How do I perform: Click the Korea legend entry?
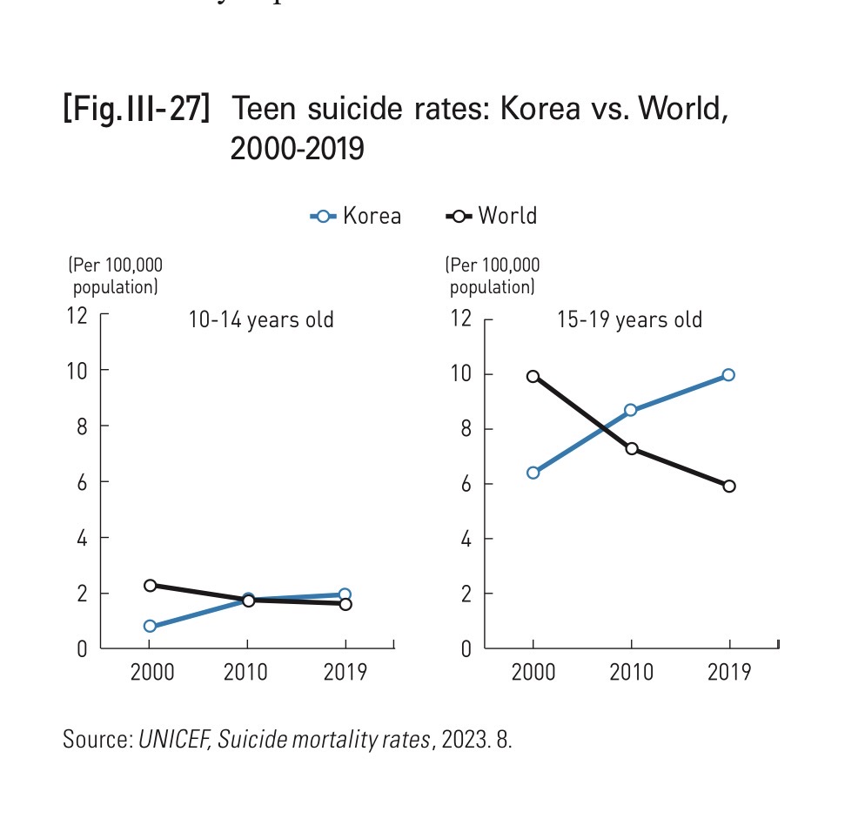pyautogui.click(x=357, y=216)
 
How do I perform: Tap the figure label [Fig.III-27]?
pyautogui.click(x=136, y=111)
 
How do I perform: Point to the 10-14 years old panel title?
pyautogui.click(x=261, y=320)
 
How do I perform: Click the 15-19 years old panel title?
pyautogui.click(x=630, y=320)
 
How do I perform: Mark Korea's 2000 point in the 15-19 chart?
pyautogui.click(x=533, y=473)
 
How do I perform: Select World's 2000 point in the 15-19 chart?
pyautogui.click(x=533, y=377)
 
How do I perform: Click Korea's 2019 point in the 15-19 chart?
pyautogui.click(x=728, y=375)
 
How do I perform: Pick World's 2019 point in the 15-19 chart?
pyautogui.click(x=728, y=486)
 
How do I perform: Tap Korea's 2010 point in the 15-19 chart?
pyautogui.click(x=631, y=410)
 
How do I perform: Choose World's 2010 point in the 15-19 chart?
pyautogui.click(x=631, y=448)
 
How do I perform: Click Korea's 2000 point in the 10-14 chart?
pyautogui.click(x=150, y=626)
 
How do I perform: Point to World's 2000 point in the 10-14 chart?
pyautogui.click(x=150, y=585)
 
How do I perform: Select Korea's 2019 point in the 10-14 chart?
pyautogui.click(x=345, y=594)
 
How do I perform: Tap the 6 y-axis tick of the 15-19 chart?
pyautogui.click(x=465, y=484)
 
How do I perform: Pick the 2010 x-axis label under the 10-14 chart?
pyautogui.click(x=247, y=673)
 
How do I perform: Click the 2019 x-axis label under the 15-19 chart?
pyautogui.click(x=729, y=673)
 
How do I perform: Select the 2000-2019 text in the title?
pyautogui.click(x=297, y=149)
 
